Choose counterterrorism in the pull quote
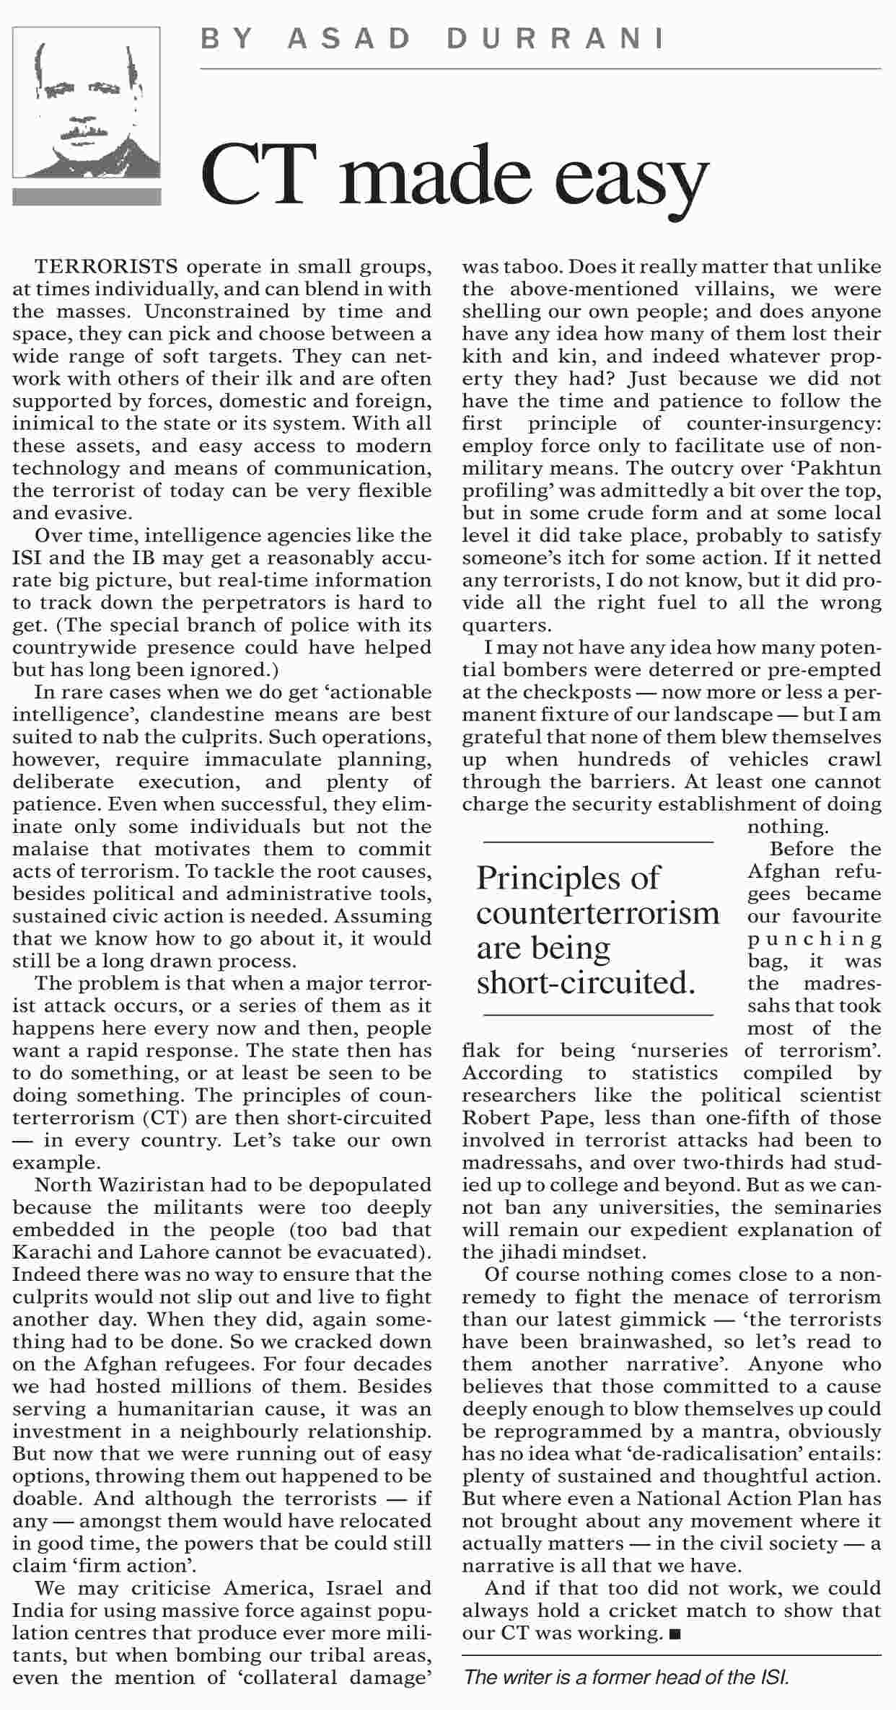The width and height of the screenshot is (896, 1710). coord(598,913)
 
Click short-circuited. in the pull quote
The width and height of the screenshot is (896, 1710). coord(586,982)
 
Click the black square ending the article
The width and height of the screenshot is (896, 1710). coord(675,1633)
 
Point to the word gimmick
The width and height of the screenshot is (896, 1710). coord(664,1319)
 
